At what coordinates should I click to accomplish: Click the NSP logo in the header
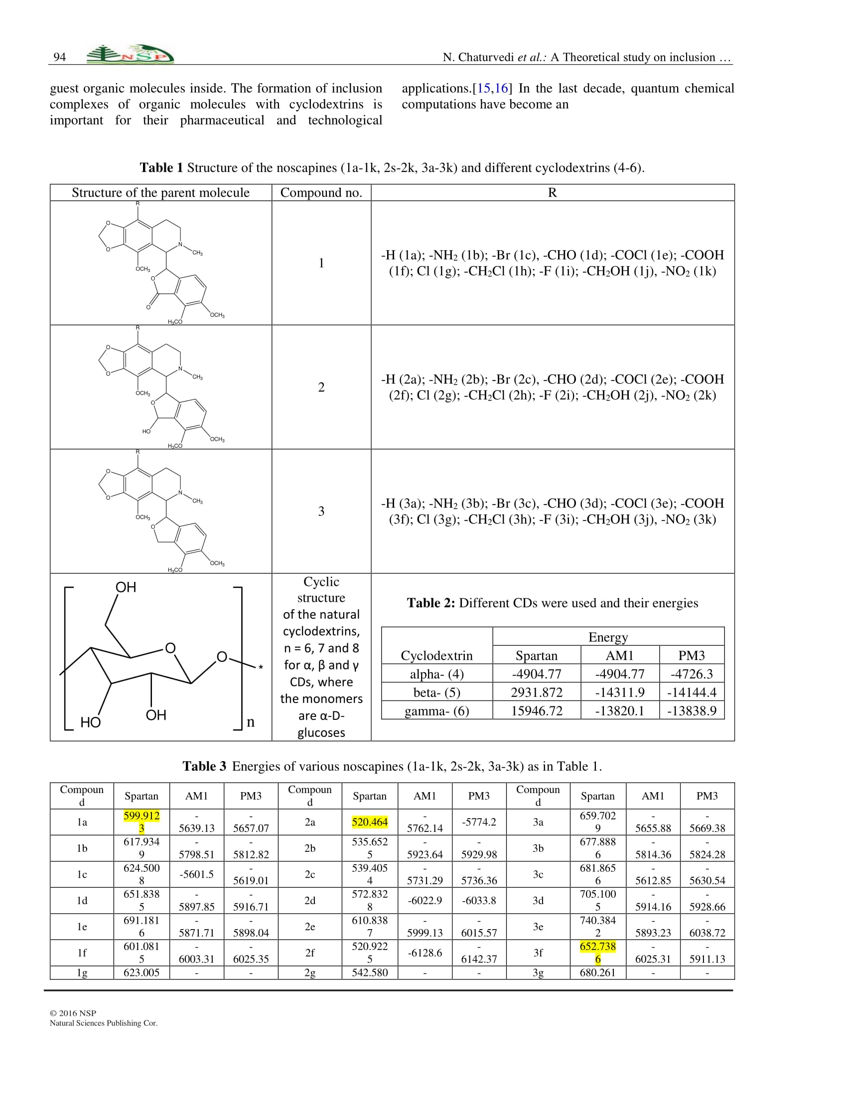click(x=130, y=55)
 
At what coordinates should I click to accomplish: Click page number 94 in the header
click(x=60, y=57)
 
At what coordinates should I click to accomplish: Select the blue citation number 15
click(x=483, y=88)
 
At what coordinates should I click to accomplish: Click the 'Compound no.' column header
click(x=321, y=193)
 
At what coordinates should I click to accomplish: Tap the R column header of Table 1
click(x=552, y=193)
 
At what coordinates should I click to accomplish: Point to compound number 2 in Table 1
click(x=321, y=387)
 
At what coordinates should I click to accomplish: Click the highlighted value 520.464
click(x=370, y=822)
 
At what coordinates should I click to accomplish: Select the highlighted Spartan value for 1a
click(x=141, y=822)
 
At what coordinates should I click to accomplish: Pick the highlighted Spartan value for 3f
click(x=597, y=953)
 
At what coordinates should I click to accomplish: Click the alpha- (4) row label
click(x=436, y=674)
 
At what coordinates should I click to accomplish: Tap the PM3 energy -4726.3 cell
click(x=692, y=674)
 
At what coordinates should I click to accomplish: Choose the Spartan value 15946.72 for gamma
click(x=537, y=710)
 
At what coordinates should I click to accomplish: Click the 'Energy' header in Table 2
click(x=608, y=637)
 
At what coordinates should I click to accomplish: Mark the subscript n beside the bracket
click(x=251, y=722)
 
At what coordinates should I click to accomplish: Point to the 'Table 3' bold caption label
click(x=204, y=766)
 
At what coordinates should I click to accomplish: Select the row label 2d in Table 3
click(x=310, y=900)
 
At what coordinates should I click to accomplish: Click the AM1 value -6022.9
click(x=425, y=900)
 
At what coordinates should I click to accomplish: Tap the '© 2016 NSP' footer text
click(x=73, y=1013)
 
